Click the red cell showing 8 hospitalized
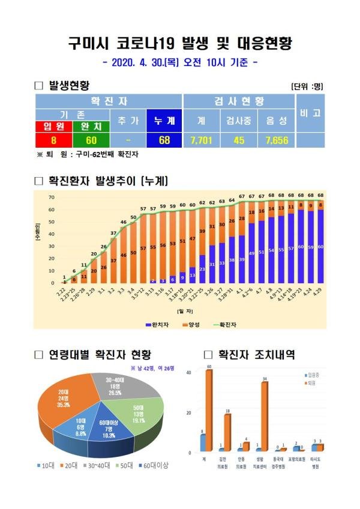pos(53,140)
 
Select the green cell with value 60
pos(89,140)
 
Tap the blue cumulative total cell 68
pos(165,140)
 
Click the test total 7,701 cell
pos(202,140)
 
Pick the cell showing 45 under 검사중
pos(239,140)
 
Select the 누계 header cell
pos(165,121)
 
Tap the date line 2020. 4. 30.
pos(179,62)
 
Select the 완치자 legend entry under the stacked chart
pos(158,325)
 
